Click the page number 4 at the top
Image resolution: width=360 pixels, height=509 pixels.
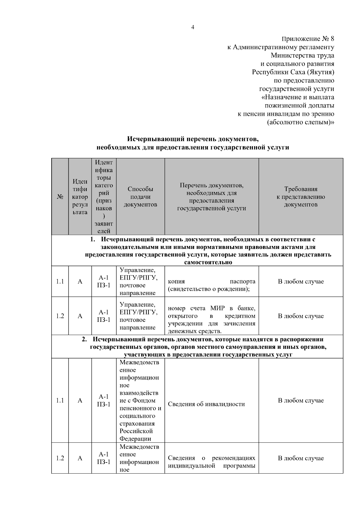pyautogui.click(x=192, y=28)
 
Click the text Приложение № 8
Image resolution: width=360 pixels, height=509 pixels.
pyautogui.click(x=308, y=39)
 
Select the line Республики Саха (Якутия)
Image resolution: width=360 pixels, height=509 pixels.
pyautogui.click(x=293, y=72)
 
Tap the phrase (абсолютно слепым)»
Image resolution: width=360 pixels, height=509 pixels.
pyautogui.click(x=300, y=122)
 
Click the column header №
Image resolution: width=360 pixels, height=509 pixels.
pyautogui.click(x=60, y=197)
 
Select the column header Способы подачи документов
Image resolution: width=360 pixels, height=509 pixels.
pyautogui.click(x=140, y=197)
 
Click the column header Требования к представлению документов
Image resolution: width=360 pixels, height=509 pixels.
pyautogui.click(x=301, y=197)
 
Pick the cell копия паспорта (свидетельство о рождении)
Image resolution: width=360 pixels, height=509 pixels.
pyautogui.click(x=211, y=285)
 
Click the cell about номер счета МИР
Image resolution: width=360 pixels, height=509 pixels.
pyautogui.click(x=211, y=319)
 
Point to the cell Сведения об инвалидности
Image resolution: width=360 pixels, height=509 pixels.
pyautogui.click(x=206, y=404)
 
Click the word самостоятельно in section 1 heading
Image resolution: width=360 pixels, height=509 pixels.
pyautogui.click(x=208, y=262)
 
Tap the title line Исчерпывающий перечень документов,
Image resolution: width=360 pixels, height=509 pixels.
pyautogui.click(x=193, y=139)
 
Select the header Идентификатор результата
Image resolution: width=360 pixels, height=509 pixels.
pyautogui.click(x=80, y=197)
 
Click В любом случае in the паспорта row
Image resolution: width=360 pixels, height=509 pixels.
pyautogui.click(x=301, y=281)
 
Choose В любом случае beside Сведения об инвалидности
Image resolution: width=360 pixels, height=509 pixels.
pyautogui.click(x=301, y=400)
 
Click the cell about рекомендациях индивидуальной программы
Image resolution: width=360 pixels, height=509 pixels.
pyautogui.click(x=211, y=462)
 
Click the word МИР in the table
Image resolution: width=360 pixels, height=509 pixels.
pyautogui.click(x=217, y=308)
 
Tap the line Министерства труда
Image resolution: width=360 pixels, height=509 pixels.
pyautogui.click(x=302, y=55)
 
